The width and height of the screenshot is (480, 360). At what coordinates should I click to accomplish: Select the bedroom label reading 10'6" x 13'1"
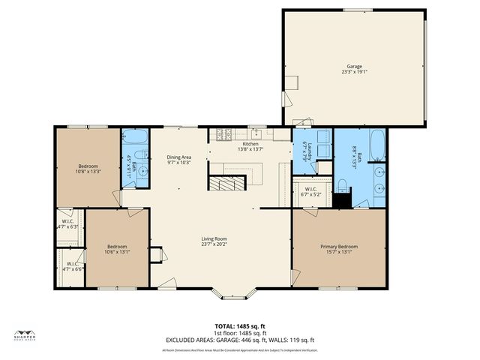click(116, 249)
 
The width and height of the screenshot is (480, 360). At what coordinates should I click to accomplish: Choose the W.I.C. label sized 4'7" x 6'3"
click(67, 223)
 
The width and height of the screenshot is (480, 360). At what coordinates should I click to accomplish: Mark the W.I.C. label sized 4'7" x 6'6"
click(72, 266)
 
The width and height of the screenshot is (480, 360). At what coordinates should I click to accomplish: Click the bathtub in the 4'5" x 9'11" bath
click(135, 137)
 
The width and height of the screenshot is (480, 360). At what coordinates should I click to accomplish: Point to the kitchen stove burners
click(223, 136)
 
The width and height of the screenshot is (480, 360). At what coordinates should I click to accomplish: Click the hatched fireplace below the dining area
click(226, 184)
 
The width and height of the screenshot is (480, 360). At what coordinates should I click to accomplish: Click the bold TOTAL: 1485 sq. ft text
click(240, 326)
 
